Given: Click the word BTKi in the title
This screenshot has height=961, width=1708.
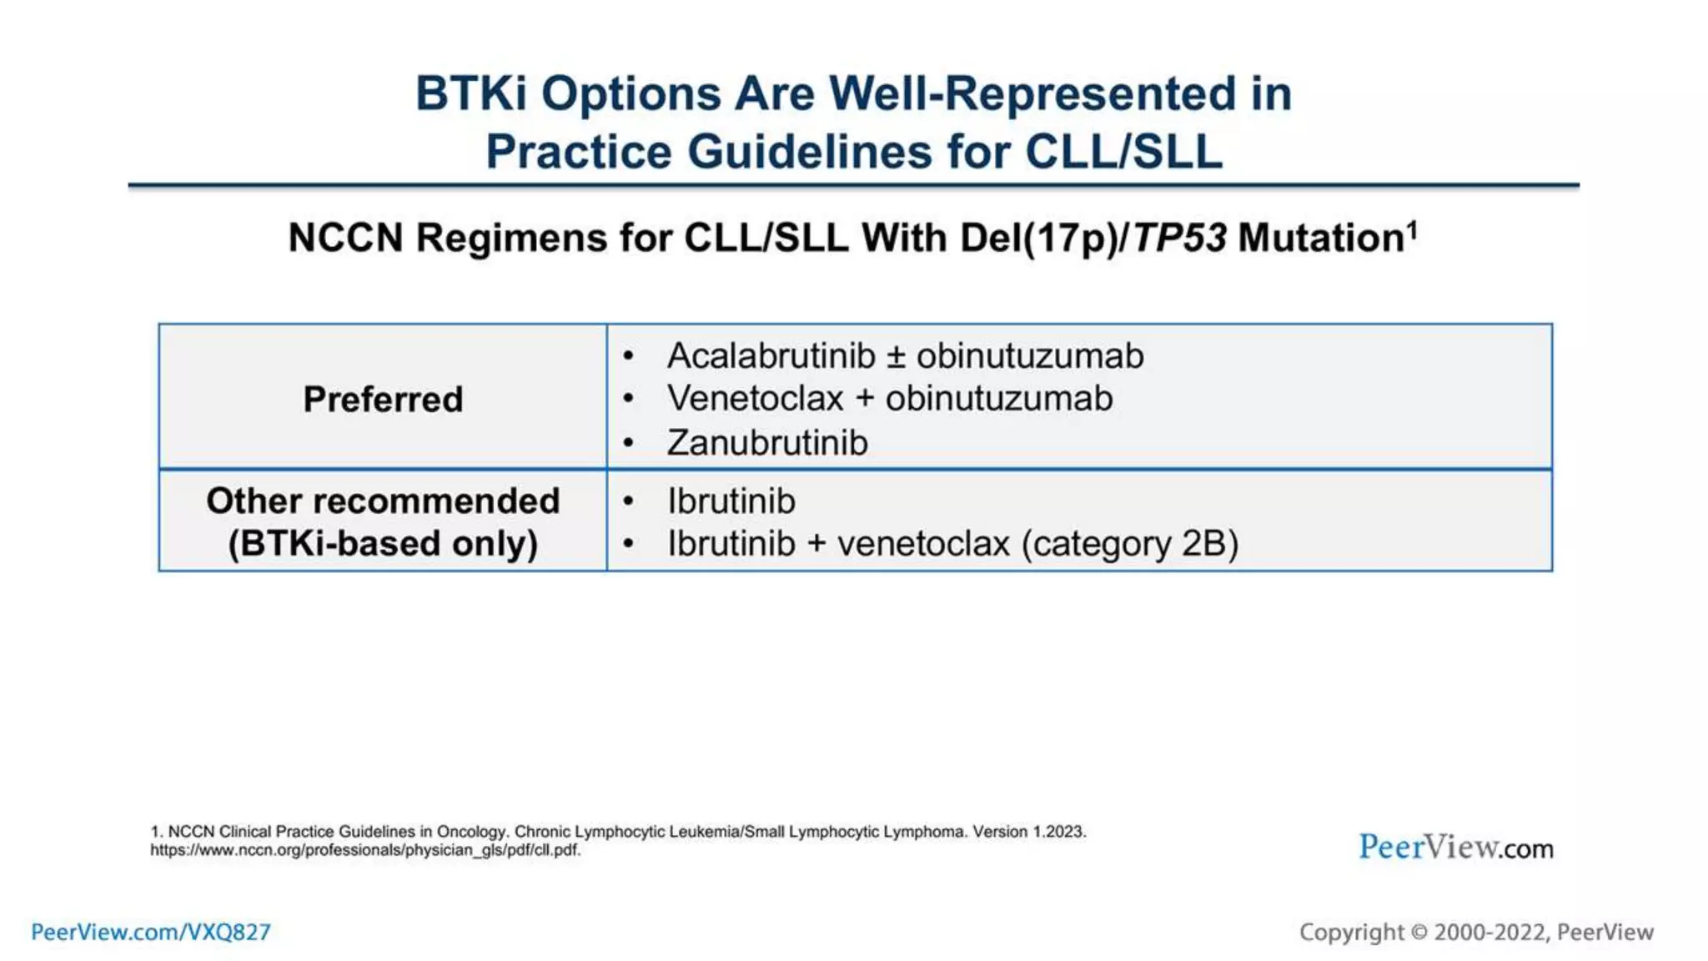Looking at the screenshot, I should click(471, 93).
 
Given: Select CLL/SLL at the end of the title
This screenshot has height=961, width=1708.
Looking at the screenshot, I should click(1123, 152).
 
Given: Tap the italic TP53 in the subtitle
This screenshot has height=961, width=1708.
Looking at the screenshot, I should click(1179, 239).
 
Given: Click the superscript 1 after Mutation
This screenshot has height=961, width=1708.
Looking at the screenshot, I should click(1413, 229).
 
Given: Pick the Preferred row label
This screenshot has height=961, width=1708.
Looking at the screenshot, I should click(383, 400).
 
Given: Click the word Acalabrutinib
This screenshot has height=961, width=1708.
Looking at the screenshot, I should click(771, 356).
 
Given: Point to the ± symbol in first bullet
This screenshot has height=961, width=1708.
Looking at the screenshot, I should click(896, 357).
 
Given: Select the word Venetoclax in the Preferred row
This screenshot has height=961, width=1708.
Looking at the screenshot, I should click(756, 399).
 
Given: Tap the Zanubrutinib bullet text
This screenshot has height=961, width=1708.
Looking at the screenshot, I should click(767, 443).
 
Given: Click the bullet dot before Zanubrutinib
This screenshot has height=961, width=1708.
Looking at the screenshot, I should click(629, 444).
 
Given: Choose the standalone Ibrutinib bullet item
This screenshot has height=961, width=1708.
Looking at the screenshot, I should click(731, 501).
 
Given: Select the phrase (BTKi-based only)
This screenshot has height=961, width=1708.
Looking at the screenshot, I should click(383, 544).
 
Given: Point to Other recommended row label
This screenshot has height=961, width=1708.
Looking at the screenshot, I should click(383, 501).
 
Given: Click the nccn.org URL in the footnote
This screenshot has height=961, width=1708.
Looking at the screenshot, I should click(365, 850).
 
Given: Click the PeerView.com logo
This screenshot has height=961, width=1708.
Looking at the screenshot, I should click(1456, 848).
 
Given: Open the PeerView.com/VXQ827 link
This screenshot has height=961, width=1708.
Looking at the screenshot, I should click(151, 932).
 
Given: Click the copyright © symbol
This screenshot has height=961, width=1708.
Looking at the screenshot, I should click(1419, 933).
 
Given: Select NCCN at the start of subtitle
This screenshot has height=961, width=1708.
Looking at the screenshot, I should click(345, 239).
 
